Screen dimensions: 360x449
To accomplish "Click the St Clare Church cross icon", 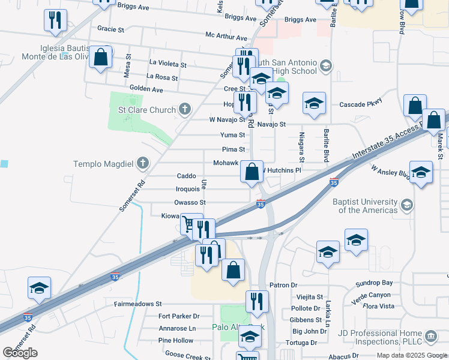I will point(185,109).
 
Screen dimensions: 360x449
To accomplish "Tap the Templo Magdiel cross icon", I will point(142,163).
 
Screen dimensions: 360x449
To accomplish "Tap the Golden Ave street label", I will point(146,89).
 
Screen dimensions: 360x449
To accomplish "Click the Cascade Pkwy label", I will point(361,104).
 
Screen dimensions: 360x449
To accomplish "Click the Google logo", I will point(20,353).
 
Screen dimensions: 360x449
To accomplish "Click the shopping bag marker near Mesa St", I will point(101,58).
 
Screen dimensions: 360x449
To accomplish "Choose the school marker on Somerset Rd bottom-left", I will point(39,288).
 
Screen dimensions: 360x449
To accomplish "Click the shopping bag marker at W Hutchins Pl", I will point(252,172).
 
